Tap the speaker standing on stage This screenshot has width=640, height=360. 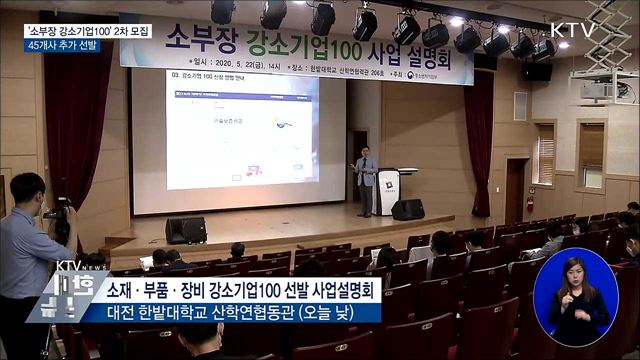[366, 180]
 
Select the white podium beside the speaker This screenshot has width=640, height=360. [386, 191]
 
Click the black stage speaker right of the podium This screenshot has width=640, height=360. [407, 209]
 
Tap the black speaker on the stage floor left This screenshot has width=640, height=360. [186, 230]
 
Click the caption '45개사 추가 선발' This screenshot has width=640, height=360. [62, 46]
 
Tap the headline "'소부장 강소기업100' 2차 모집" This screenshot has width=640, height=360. [88, 30]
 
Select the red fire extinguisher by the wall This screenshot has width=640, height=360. [529, 201]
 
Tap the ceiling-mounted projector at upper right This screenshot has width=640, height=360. [596, 90]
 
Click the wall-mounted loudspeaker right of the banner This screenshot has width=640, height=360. [536, 70]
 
